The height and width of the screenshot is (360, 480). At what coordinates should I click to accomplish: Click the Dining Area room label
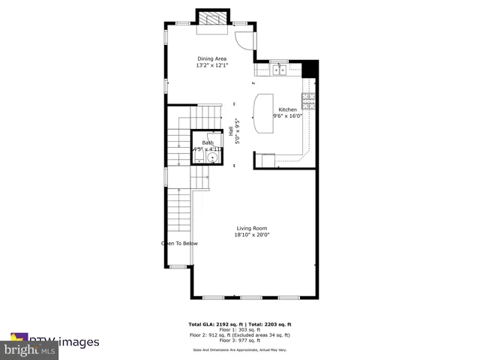(211, 58)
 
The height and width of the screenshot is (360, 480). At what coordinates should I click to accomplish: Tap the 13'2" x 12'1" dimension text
(211, 65)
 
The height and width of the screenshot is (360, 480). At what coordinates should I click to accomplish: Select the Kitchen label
(288, 109)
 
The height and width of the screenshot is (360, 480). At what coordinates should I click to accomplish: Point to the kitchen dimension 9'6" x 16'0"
(288, 116)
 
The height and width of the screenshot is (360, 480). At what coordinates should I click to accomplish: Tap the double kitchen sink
(280, 70)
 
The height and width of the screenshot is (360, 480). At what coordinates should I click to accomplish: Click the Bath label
(208, 142)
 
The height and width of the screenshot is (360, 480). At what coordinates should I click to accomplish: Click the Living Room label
(252, 228)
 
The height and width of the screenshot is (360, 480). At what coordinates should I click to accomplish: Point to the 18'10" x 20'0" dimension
(252, 235)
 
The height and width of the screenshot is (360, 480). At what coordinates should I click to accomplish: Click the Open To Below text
(179, 243)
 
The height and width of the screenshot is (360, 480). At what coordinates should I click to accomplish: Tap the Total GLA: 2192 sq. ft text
(214, 325)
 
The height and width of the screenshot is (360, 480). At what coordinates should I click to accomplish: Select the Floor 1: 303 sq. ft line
(239, 330)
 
